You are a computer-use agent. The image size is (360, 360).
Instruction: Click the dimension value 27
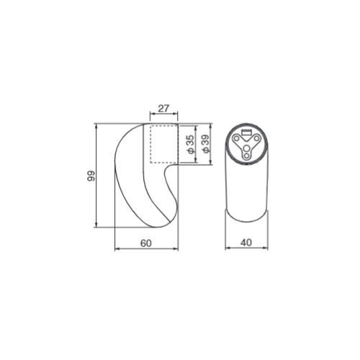(x=163, y=108)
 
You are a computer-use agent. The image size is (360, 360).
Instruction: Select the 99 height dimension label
(x=91, y=176)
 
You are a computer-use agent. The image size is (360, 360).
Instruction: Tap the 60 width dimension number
(x=146, y=243)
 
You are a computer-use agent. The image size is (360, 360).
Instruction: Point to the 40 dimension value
(x=246, y=243)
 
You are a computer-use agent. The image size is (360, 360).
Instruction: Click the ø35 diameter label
(x=190, y=144)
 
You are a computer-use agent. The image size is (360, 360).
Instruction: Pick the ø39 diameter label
(x=206, y=144)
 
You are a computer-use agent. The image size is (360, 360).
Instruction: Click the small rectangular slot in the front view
(x=246, y=132)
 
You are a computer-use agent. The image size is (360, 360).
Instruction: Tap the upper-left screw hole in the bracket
(x=236, y=138)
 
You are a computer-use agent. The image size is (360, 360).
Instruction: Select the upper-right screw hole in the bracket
(x=256, y=138)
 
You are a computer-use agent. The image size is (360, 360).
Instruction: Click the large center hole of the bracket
(x=246, y=148)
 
